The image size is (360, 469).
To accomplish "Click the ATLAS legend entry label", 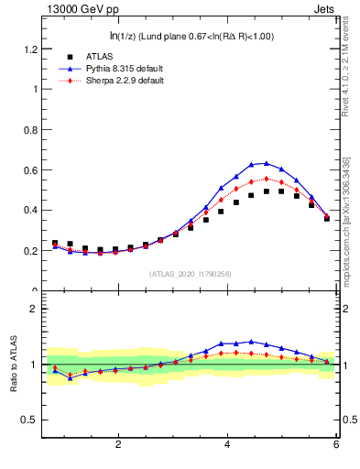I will [x=86, y=56].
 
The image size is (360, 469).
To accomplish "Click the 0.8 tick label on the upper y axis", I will [x=32, y=129].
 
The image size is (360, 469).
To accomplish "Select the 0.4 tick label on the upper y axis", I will [x=32, y=210].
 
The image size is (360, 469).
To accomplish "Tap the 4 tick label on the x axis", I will [x=227, y=444].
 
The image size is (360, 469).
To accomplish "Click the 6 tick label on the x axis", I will [x=336, y=444].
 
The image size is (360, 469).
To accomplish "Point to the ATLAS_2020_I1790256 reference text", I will [x=190, y=273].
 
